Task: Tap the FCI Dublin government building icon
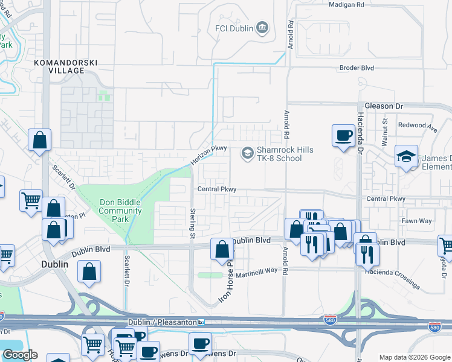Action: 262,28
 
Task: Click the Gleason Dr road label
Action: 382,106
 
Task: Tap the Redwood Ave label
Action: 417,128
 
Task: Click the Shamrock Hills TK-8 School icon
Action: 247,153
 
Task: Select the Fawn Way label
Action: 417,221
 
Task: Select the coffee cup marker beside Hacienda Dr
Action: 343,135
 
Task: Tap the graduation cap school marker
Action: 406,156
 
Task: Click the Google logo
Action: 19,355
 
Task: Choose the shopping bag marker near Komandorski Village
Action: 39,140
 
